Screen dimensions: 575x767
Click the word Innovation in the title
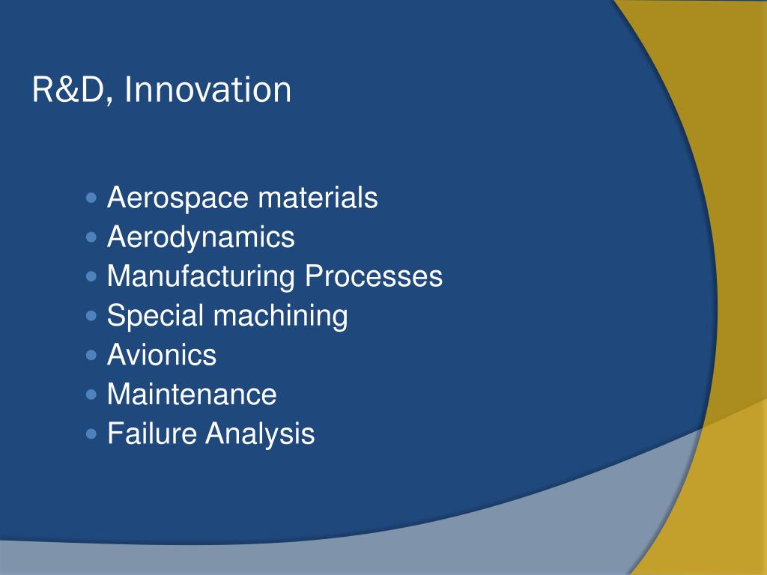pos(208,91)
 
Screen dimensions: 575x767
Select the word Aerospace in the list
pos(178,199)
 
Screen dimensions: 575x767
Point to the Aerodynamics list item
pos(201,238)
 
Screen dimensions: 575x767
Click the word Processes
pos(373,277)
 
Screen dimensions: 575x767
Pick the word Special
pos(156,316)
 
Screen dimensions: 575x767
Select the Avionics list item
pos(162,355)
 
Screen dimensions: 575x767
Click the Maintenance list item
pos(192,395)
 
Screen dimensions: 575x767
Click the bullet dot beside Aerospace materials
pos(91,199)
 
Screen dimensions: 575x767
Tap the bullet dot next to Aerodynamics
pos(91,238)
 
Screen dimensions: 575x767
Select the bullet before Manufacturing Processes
pos(91,277)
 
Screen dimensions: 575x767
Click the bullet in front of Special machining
pos(91,316)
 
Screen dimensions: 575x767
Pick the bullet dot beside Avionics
pos(91,355)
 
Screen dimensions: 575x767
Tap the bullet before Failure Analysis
pos(91,433)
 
